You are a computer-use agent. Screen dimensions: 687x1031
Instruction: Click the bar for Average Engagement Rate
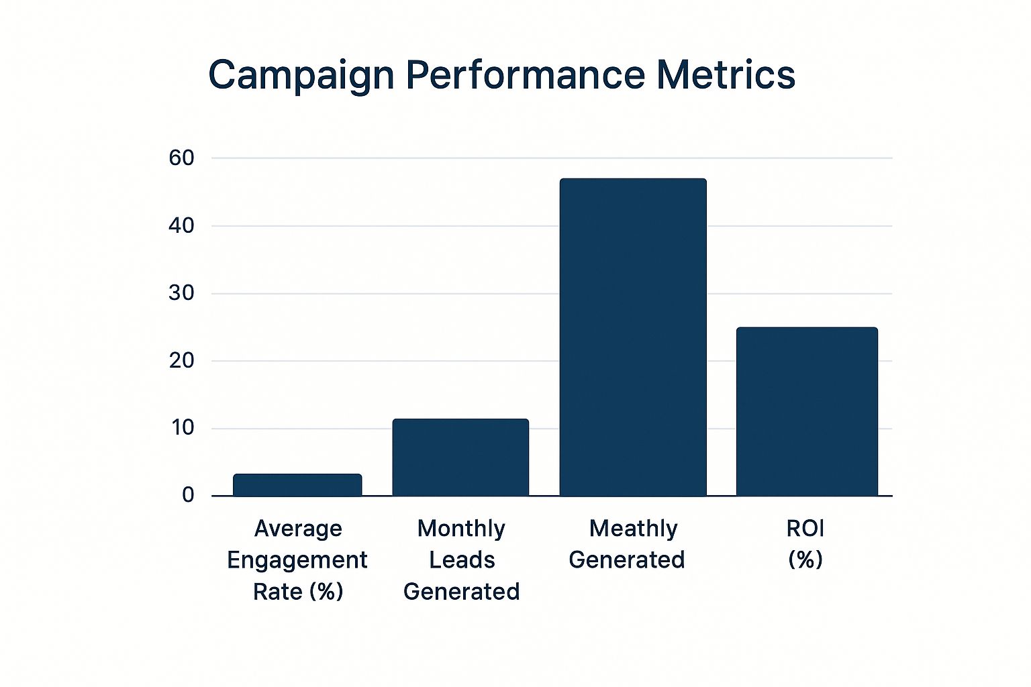297,485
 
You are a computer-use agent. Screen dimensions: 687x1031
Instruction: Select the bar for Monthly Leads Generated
460,458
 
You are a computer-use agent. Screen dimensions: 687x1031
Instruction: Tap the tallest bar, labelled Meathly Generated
633,337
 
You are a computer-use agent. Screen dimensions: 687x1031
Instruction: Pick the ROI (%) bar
807,412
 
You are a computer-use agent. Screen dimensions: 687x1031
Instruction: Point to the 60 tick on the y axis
181,158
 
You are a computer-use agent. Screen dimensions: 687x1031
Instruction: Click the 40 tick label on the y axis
181,226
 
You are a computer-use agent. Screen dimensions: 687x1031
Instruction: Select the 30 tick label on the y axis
181,293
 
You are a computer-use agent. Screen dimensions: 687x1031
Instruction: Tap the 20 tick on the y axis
181,361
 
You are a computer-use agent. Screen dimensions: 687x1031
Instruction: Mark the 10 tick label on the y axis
181,428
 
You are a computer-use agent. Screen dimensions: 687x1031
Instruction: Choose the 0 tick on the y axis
188,495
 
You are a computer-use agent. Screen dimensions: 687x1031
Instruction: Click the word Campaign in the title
301,75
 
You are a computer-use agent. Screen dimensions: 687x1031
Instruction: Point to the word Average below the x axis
298,529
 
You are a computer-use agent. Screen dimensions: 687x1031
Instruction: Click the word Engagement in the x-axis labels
297,560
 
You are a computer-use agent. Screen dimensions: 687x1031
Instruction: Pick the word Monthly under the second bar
461,529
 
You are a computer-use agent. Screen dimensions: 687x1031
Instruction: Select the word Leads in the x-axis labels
462,560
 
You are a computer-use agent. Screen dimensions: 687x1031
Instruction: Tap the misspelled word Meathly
633,529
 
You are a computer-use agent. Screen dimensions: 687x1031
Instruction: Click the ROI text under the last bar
805,529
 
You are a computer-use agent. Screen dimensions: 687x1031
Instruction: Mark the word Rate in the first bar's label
277,592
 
